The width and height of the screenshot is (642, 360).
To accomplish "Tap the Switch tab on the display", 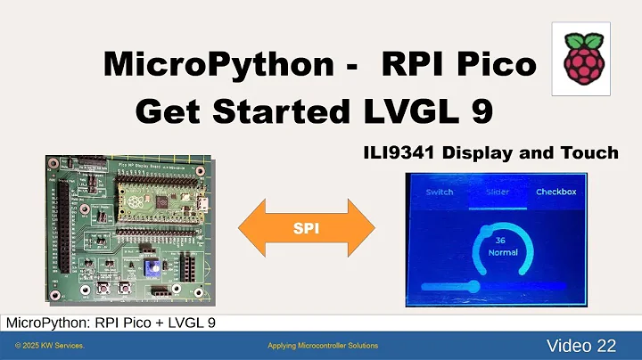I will point(439,192).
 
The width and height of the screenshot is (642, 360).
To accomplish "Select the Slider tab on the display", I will point(498,192).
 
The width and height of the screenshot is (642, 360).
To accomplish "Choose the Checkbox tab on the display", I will point(556,192).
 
